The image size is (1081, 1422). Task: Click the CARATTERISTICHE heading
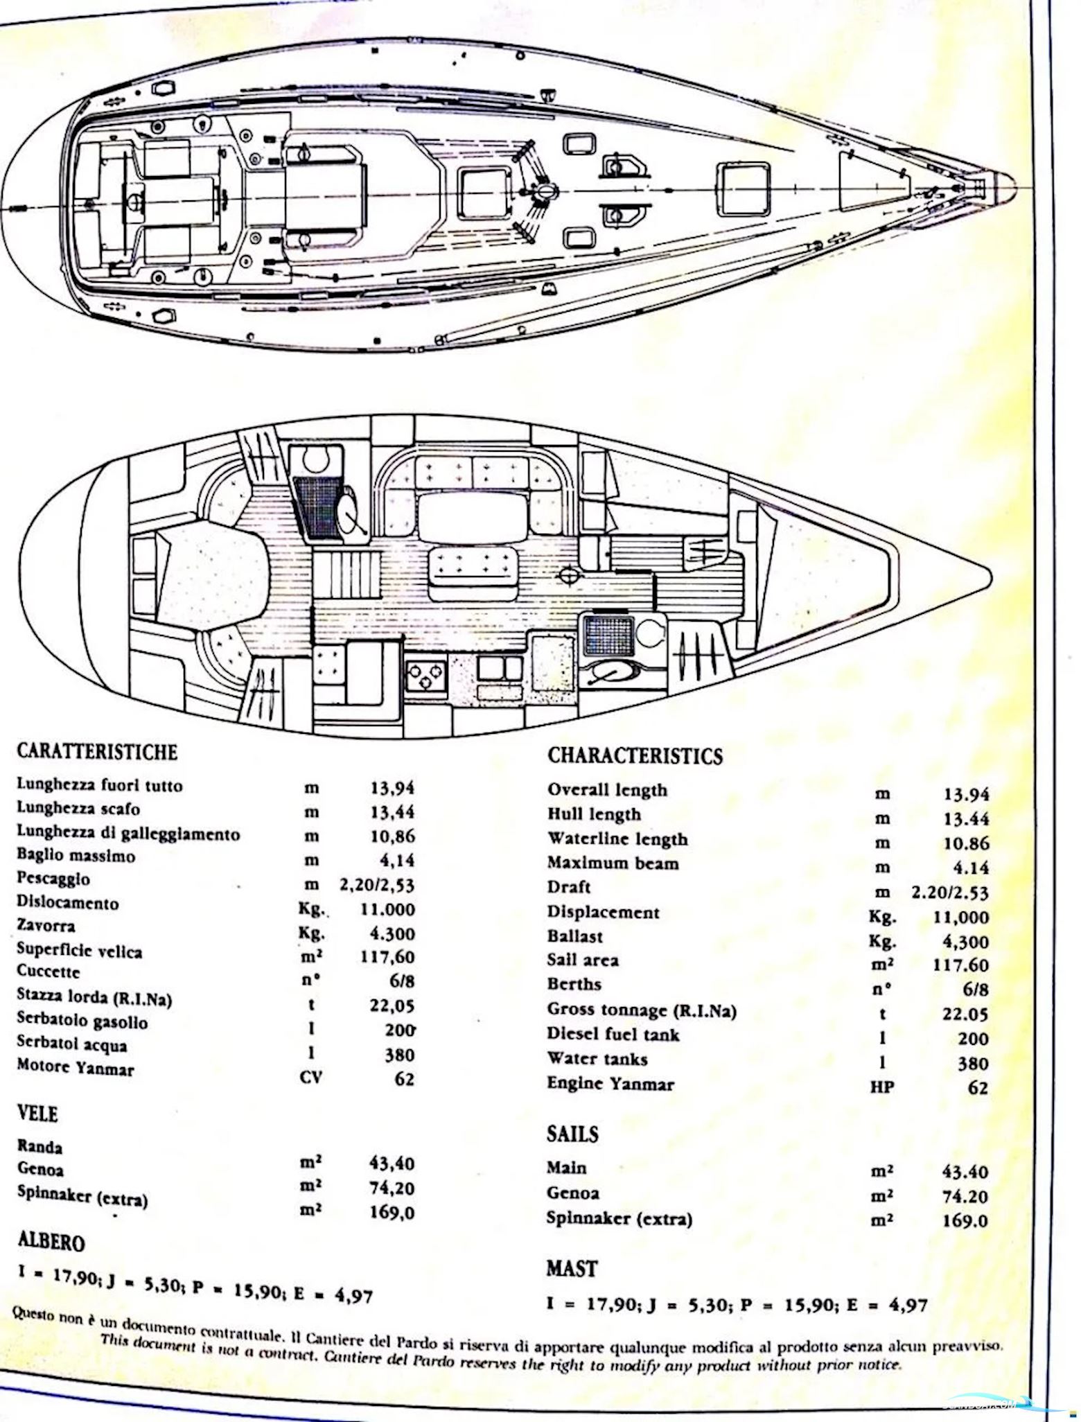coord(96,751)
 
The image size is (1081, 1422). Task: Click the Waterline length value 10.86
coord(966,843)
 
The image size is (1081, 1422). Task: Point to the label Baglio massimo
coord(76,856)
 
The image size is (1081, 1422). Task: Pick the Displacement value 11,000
coord(959,917)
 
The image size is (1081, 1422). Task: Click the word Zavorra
coord(46,926)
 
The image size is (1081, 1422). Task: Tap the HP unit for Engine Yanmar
coord(881,1087)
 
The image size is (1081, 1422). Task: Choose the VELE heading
coord(37,1114)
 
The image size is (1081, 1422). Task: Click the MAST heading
coord(571,1268)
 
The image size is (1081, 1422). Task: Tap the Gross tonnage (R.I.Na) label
coord(641,1010)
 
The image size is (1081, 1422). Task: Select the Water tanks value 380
coord(972,1063)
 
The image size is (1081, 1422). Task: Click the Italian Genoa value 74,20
coord(392,1188)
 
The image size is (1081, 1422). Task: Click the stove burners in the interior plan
coord(425,675)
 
